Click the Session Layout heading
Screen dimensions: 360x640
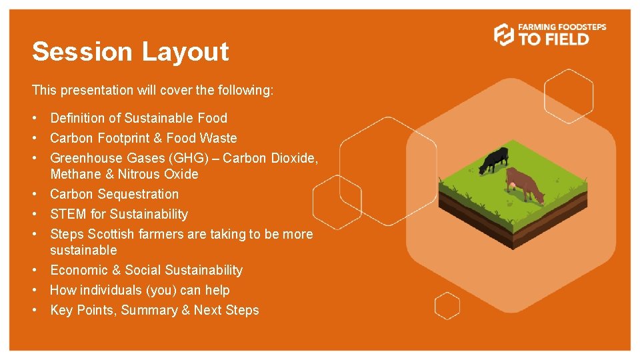(x=131, y=52)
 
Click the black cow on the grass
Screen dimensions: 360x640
(x=494, y=160)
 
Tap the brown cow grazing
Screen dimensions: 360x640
(x=524, y=185)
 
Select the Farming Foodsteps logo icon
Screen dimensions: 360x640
(x=504, y=34)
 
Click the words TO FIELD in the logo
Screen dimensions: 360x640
(x=554, y=39)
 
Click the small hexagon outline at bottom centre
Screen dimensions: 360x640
(x=447, y=306)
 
